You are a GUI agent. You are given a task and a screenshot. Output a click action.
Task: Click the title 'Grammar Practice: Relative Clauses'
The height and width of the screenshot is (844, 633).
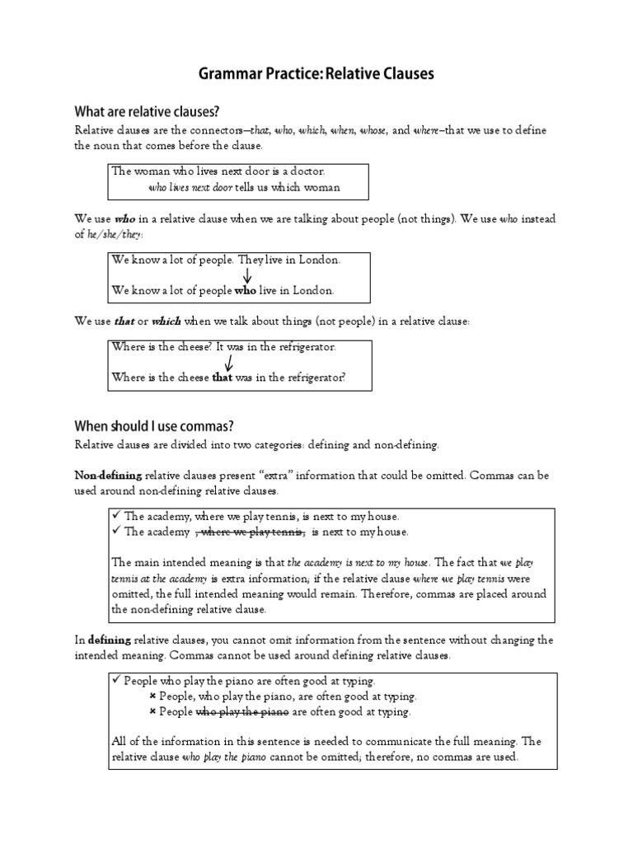(316, 75)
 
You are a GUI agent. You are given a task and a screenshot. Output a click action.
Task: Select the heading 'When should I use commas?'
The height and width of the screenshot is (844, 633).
(154, 425)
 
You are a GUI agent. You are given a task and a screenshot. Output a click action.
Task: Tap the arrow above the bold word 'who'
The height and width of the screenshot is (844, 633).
(246, 275)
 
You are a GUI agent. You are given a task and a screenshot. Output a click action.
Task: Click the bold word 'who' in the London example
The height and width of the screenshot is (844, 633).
(246, 290)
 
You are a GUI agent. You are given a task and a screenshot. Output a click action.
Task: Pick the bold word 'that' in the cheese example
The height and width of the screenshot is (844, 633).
(223, 377)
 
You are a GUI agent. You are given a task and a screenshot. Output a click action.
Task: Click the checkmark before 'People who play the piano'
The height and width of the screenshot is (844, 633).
(116, 681)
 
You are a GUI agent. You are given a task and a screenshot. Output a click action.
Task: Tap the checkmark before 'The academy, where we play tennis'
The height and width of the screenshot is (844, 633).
(116, 516)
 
